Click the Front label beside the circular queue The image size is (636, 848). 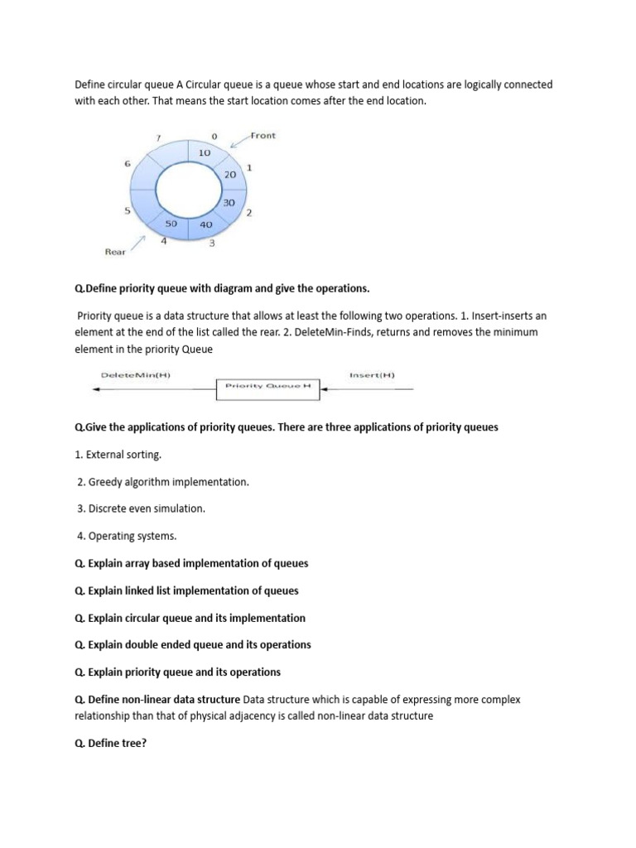[x=263, y=136]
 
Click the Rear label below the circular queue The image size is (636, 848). [x=115, y=252]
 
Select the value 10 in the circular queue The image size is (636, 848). [x=205, y=152]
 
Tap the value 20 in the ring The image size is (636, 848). [x=230, y=175]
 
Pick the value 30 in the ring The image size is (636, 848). [x=229, y=203]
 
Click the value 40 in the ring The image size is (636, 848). [x=206, y=224]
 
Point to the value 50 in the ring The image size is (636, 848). [x=171, y=224]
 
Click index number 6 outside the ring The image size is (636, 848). [x=128, y=164]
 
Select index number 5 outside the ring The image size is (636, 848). [x=127, y=210]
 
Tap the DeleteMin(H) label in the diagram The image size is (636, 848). [x=135, y=375]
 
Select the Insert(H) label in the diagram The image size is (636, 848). [x=372, y=375]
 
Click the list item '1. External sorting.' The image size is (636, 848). [x=118, y=455]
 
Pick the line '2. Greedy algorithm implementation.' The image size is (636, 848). [x=162, y=481]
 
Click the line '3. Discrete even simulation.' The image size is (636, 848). [x=141, y=508]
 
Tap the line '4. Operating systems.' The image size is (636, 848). [x=127, y=536]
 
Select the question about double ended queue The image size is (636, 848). [x=192, y=644]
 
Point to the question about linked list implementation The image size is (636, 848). [x=186, y=590]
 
